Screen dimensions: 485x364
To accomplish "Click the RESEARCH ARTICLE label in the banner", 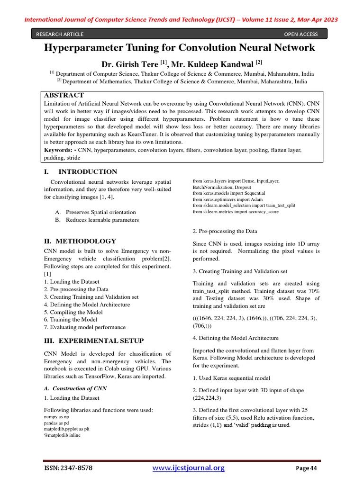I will (60, 34).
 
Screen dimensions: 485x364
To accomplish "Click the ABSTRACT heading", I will (64, 95).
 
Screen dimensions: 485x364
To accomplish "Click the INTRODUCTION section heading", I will (88, 171).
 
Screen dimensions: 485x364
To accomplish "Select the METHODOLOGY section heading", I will (86, 241).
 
